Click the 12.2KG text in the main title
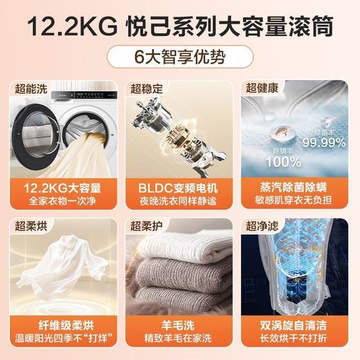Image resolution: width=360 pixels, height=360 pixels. point(66,26)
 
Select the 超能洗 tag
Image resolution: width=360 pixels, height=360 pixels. point(32,88)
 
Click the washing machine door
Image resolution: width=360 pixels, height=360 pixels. point(37,132)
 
